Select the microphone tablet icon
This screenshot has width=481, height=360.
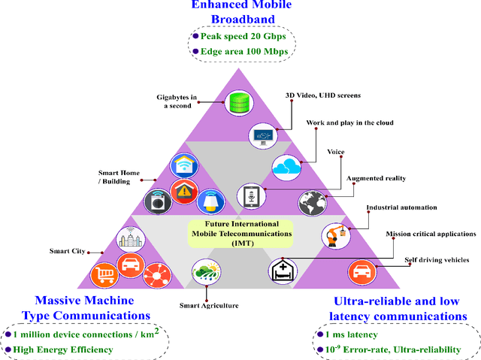click(250, 196)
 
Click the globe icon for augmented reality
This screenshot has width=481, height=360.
click(311, 201)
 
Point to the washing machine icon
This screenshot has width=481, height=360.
click(157, 201)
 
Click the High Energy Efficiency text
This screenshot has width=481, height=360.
click(59, 349)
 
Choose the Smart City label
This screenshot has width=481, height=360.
click(68, 252)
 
